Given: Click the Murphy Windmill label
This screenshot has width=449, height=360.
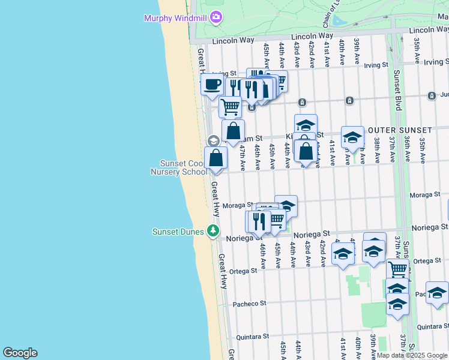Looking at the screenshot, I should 176,18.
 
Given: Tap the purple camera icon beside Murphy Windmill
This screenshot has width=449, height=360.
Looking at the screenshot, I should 217,17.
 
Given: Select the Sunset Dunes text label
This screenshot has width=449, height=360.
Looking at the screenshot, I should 178,231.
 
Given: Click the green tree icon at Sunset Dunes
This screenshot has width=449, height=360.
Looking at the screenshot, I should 212,230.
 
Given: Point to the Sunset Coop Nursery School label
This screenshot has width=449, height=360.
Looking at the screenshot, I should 178,167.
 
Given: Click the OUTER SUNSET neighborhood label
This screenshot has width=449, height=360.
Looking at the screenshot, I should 399,130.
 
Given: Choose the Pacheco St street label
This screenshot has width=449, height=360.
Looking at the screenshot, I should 249,304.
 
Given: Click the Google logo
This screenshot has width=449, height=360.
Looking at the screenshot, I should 20,353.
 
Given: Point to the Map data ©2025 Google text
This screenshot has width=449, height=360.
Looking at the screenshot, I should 411,355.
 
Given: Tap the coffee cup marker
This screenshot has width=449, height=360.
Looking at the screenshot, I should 211,85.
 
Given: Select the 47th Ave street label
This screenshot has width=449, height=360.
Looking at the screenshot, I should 243,155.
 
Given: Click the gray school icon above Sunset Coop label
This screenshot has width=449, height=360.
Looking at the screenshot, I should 212,141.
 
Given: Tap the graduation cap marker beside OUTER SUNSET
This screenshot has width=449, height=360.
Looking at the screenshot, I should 352,137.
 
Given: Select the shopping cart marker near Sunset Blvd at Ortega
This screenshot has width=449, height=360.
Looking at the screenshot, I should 397,269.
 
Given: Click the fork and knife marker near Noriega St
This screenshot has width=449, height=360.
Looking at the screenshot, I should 260,220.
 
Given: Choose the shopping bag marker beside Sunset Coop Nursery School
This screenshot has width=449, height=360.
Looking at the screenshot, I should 216,158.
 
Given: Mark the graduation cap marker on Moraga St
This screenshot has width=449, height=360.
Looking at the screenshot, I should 286,205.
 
